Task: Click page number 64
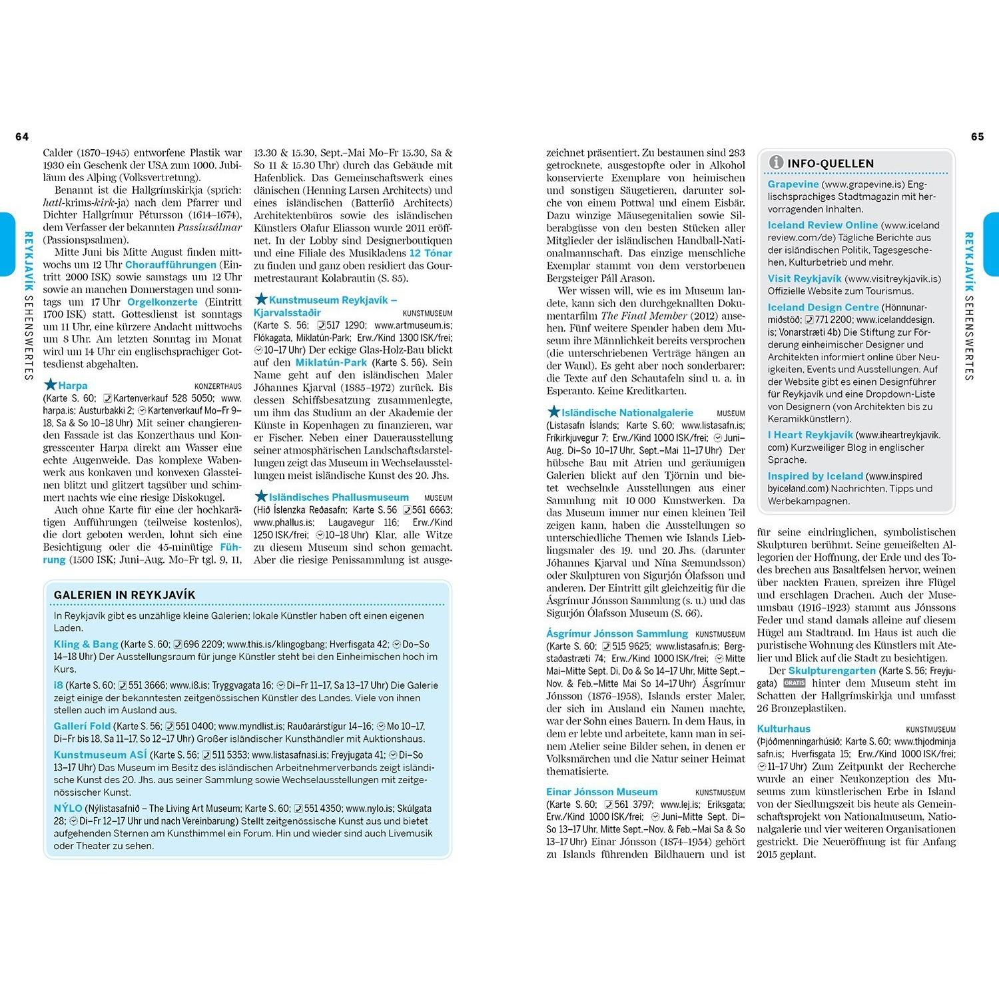pyautogui.click(x=22, y=137)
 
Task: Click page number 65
pyautogui.click(x=977, y=137)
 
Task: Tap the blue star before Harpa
pyautogui.click(x=50, y=385)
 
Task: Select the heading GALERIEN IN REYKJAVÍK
pyautogui.click(x=125, y=595)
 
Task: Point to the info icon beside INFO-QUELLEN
pyautogui.click(x=775, y=163)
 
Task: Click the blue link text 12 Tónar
pyautogui.click(x=430, y=253)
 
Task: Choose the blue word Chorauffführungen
pyautogui.click(x=170, y=264)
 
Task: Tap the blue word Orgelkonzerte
pyautogui.click(x=163, y=302)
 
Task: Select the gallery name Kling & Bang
pyautogui.click(x=86, y=644)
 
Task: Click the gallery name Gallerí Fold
pyautogui.click(x=82, y=726)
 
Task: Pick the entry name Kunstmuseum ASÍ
pyautogui.click(x=100, y=755)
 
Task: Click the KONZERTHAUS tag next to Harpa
pyautogui.click(x=218, y=386)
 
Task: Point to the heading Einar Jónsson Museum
pyautogui.click(x=601, y=792)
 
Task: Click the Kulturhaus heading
pyautogui.click(x=783, y=729)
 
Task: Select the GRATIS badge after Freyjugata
pyautogui.click(x=794, y=683)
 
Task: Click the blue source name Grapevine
pyautogui.click(x=793, y=184)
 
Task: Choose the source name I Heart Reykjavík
pyautogui.click(x=810, y=434)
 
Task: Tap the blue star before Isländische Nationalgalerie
pyautogui.click(x=553, y=412)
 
